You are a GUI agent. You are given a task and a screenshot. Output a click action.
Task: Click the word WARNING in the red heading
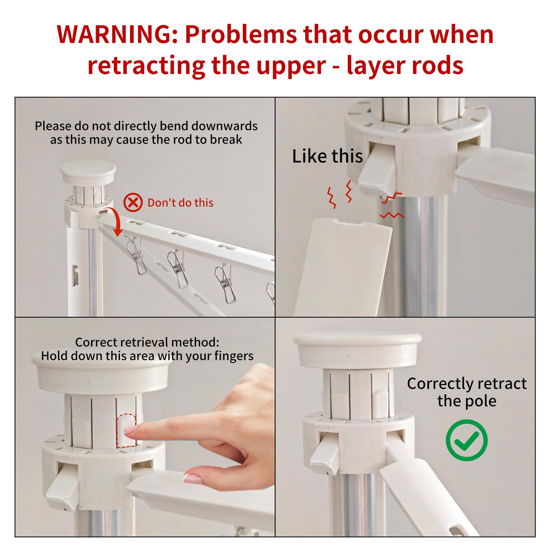[118, 34]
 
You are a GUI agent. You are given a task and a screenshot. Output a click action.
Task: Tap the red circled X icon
[133, 202]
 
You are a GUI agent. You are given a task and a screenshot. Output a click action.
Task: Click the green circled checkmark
[467, 440]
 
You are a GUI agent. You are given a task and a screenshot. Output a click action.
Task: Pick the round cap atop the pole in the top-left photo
[88, 171]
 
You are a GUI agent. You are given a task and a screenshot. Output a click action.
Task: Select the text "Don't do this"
[180, 203]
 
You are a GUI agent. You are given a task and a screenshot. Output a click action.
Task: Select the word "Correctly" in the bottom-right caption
[442, 384]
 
